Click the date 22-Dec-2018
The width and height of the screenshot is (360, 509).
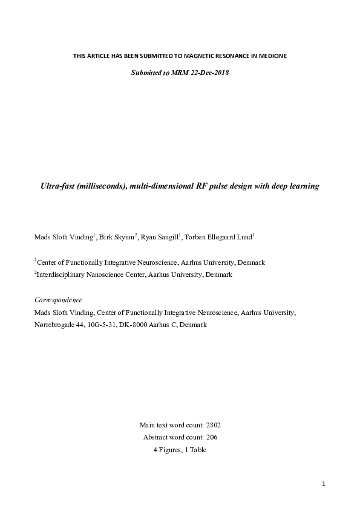(208, 73)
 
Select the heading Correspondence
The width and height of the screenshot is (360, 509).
(58, 300)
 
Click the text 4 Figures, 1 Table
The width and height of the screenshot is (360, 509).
(180, 450)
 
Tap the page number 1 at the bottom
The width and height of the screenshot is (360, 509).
(324, 484)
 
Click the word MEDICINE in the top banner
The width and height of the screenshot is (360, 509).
(272, 56)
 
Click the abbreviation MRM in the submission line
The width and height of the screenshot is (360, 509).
(180, 73)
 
